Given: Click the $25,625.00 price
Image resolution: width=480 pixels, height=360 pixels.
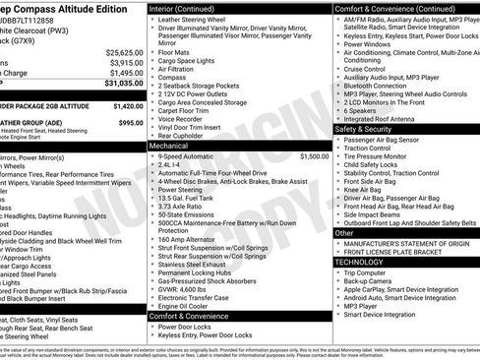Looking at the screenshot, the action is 124,51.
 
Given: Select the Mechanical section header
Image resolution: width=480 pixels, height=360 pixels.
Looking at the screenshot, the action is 169,144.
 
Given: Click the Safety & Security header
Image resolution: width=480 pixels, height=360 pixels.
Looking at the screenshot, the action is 364,129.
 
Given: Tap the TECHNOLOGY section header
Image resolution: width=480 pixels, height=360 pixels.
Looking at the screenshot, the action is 358,262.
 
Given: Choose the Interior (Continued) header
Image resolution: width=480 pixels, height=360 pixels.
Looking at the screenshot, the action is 190,7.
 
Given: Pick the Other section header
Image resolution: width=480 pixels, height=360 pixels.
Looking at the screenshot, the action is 342,233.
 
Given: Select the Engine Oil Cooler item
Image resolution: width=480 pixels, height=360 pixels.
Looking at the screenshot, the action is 184,306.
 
